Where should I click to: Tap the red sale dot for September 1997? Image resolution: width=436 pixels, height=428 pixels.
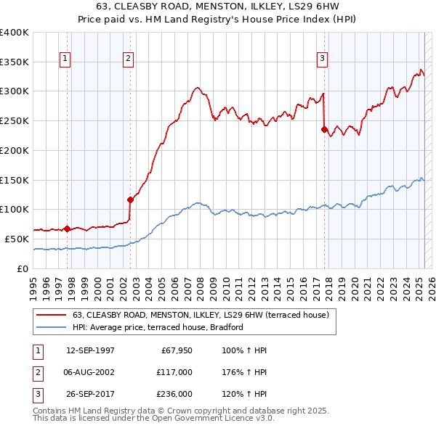click(67, 229)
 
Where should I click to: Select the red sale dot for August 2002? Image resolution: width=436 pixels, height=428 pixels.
click(130, 199)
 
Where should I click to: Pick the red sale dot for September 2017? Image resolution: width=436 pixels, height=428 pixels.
click(325, 129)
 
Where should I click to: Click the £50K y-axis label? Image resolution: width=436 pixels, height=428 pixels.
click(17, 239)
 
